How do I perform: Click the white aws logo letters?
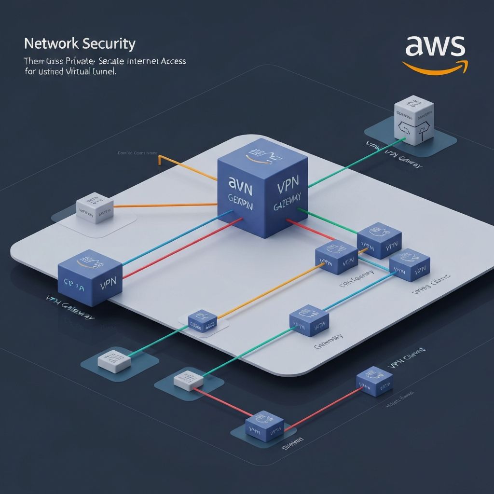pos(435,47)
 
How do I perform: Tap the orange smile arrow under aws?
pos(434,68)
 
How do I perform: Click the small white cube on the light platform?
pos(95,208)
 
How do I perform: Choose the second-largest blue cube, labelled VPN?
pos(90,277)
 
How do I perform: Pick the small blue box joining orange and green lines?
pos(202,320)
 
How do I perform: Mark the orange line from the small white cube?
pos(164,205)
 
